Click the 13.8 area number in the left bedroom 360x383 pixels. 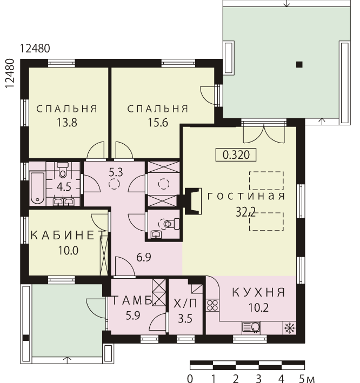tap(66, 123)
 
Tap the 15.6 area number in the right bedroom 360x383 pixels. tap(158, 123)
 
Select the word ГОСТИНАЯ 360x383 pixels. tap(246, 196)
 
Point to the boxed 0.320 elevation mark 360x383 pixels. tap(236, 155)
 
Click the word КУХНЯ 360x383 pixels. tap(258, 292)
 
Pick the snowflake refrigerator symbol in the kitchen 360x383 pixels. tap(290, 328)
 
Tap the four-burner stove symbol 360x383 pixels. tap(212, 305)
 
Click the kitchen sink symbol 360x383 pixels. tap(251, 327)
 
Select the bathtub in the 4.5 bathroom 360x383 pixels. tap(37, 188)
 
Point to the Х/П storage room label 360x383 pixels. tap(185, 304)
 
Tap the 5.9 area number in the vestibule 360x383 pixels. tap(133, 315)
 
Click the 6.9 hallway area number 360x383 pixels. tap(144, 257)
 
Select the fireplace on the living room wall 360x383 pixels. tap(193, 201)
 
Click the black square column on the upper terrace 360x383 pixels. tap(299, 64)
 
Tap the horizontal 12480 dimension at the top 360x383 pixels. tap(35, 49)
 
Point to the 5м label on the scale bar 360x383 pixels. tap(307, 379)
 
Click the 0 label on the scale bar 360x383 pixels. tap(190, 379)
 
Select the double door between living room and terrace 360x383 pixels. tap(264, 134)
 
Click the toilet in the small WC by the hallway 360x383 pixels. tap(171, 224)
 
